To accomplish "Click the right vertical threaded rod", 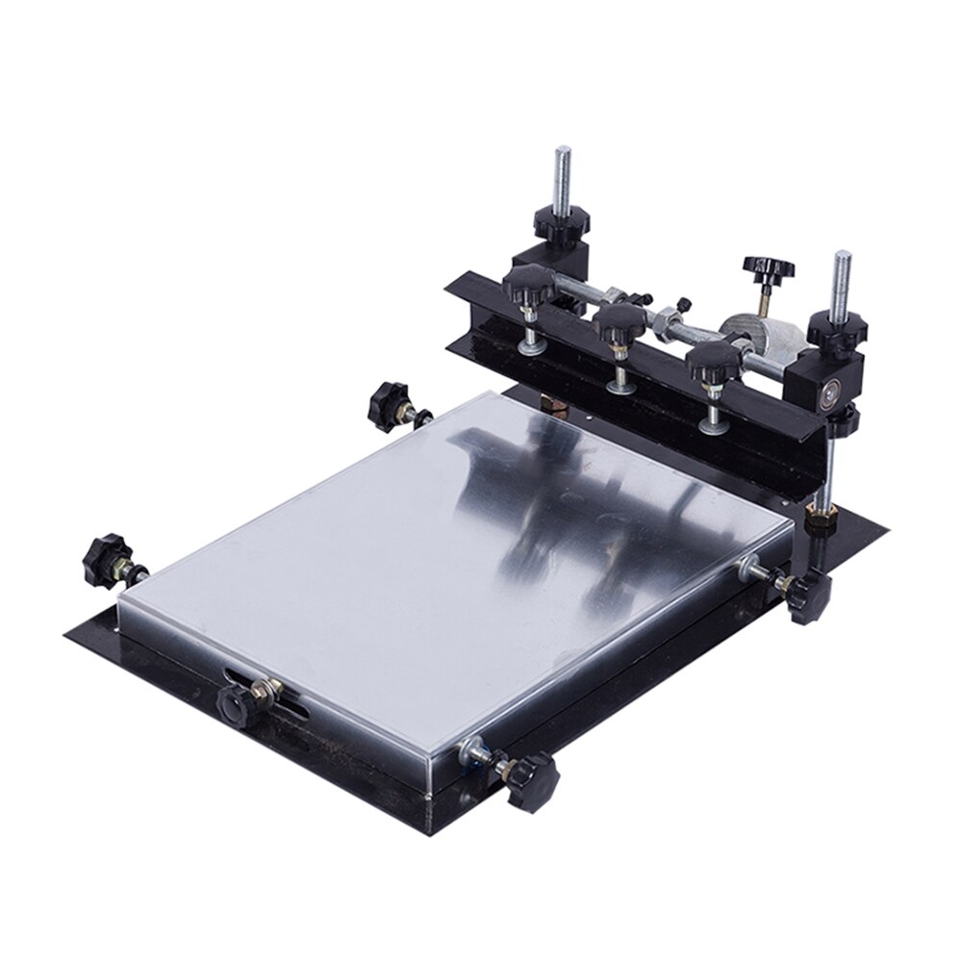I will tap(843, 279).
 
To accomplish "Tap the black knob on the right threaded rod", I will tap(837, 329).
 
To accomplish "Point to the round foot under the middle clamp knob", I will tap(620, 386).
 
